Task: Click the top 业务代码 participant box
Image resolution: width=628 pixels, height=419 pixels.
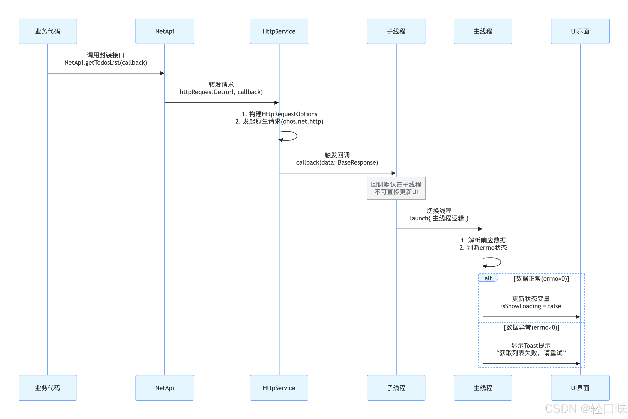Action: pos(48,31)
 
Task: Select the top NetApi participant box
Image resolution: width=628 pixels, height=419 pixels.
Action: pos(165,31)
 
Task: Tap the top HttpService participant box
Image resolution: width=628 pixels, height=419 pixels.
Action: pos(279,31)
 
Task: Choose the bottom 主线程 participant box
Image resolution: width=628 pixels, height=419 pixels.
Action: pos(483,388)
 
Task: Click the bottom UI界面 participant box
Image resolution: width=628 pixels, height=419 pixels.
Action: pos(580,388)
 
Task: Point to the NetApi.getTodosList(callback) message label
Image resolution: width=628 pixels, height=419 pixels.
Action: pos(106,63)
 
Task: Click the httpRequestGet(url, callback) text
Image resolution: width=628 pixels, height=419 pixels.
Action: pos(221,92)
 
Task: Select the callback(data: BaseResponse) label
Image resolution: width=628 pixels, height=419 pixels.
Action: pos(337,162)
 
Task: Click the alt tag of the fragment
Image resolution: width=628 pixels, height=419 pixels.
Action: pos(488,278)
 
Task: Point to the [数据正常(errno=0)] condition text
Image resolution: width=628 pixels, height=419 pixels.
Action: pos(541,279)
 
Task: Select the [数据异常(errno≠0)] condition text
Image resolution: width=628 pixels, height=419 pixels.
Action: pos(531,327)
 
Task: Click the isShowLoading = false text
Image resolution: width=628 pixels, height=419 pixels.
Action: pos(531,306)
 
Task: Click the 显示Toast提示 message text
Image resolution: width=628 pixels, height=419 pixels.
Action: pos(531,345)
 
